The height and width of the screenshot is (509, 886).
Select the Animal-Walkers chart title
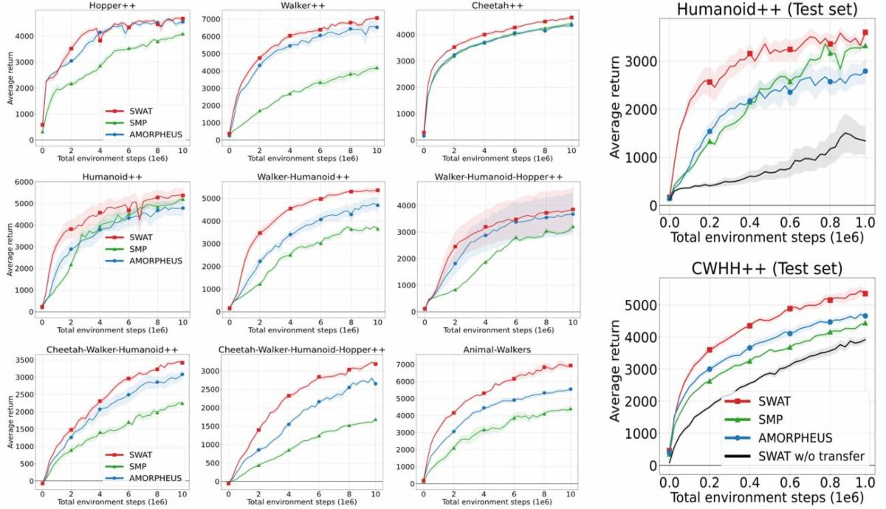pyautogui.click(x=498, y=350)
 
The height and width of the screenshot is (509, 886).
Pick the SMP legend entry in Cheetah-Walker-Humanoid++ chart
pyautogui.click(x=140, y=467)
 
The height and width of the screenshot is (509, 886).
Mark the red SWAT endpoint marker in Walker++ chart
pyautogui.click(x=377, y=18)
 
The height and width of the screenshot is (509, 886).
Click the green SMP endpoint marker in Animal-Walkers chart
pyautogui.click(x=571, y=409)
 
